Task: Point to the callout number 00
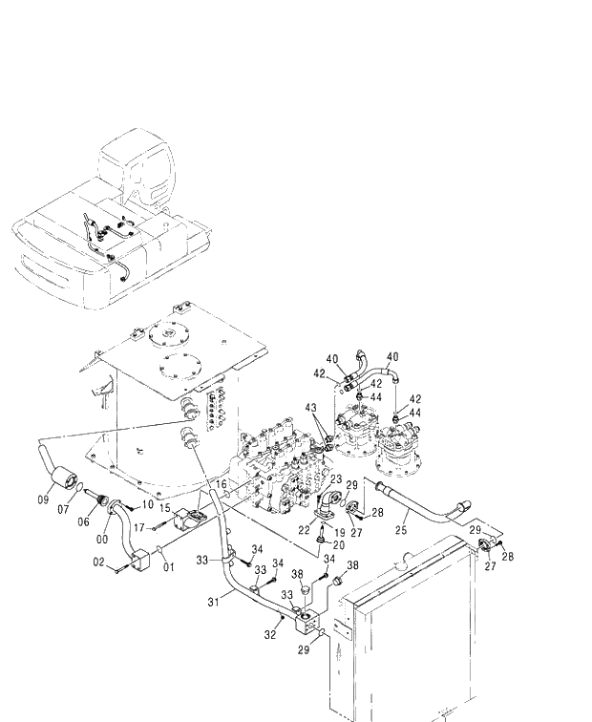point(102,539)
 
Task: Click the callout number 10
point(148,504)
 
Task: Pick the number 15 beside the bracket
point(164,507)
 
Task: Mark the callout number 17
point(139,525)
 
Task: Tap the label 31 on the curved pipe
point(214,601)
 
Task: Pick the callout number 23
point(335,479)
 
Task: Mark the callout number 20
point(339,545)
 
